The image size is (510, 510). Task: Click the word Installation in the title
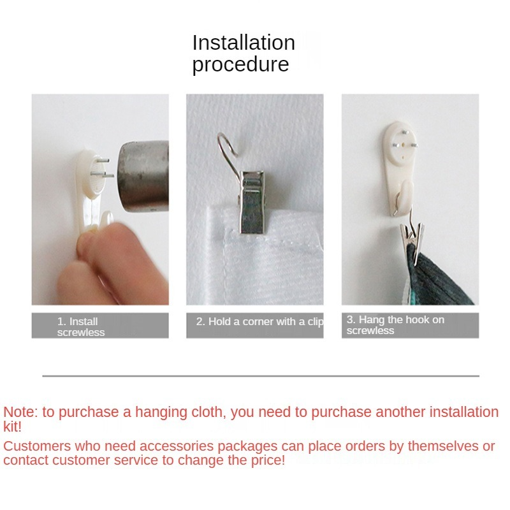(244, 43)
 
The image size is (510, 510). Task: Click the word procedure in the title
(241, 64)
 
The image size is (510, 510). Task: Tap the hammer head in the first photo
(143, 177)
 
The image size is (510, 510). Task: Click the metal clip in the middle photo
(252, 201)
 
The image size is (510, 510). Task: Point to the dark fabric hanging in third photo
(436, 277)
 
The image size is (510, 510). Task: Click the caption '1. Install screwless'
(81, 327)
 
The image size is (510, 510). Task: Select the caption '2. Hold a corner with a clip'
(259, 322)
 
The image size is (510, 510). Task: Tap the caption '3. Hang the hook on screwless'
(395, 325)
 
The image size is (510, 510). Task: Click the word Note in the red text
(21, 412)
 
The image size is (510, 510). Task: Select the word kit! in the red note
(12, 426)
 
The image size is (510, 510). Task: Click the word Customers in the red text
(37, 446)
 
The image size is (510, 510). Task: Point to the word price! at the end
(268, 460)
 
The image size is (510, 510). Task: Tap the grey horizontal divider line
(261, 376)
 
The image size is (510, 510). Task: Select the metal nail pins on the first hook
(103, 168)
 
